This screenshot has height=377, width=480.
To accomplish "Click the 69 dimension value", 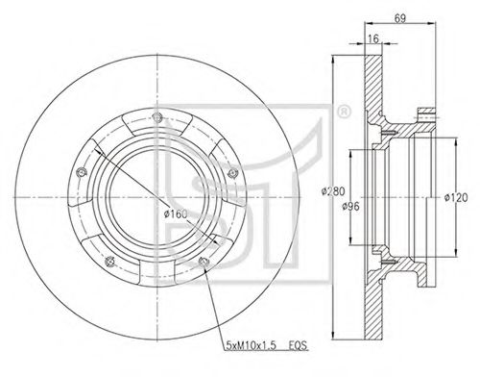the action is click(x=400, y=18).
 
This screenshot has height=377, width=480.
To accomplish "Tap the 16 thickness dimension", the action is click(x=373, y=38).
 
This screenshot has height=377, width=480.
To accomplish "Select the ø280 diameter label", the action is click(x=333, y=191).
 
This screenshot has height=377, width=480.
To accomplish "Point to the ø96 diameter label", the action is click(x=350, y=207).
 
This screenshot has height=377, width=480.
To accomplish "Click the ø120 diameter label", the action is click(x=456, y=198).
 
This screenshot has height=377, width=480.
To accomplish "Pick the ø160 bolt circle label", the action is click(x=176, y=214).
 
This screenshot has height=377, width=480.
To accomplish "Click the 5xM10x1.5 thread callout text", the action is click(x=251, y=346).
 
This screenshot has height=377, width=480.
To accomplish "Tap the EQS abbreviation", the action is click(x=298, y=346).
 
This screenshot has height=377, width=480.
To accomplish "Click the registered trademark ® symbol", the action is click(x=344, y=112).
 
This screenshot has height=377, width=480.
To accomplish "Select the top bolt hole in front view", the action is click(x=156, y=116).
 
